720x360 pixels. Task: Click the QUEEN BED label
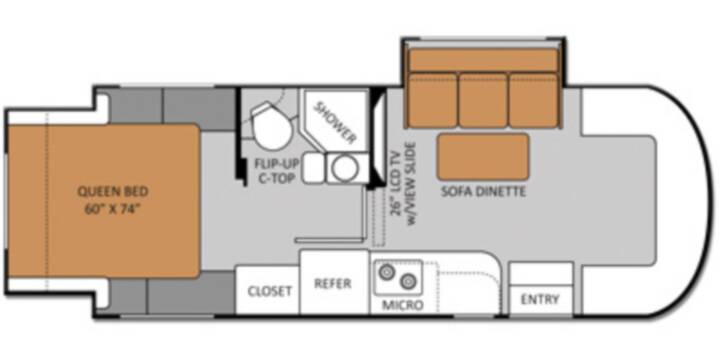point(112,191)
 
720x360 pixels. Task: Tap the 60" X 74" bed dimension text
point(112,209)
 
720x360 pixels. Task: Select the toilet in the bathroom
point(270,125)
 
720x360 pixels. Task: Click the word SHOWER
point(336,122)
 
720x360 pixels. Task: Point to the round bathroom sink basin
point(345,168)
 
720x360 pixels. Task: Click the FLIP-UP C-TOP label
point(275,171)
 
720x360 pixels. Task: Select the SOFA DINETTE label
point(483,191)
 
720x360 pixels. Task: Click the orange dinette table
point(483,157)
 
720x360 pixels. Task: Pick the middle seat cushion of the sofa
point(483,100)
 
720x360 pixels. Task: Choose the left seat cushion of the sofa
point(433,100)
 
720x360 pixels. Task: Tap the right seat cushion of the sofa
point(534,100)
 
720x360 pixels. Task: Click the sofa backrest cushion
point(483,60)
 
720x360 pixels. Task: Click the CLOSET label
point(270,292)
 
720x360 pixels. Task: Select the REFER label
point(332,284)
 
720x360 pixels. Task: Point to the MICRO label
point(403,305)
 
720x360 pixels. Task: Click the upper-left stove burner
point(386,272)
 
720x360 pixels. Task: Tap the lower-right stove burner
point(408,281)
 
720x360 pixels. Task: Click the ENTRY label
point(540,299)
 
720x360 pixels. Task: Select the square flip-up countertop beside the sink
point(314,168)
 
